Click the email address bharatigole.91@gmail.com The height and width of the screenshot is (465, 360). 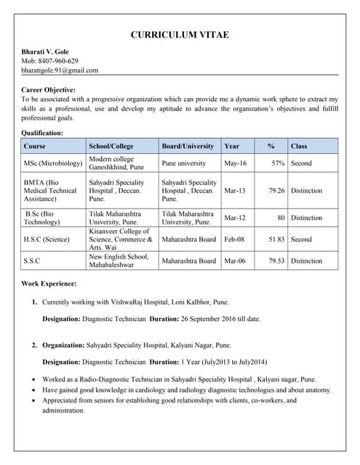click(60, 70)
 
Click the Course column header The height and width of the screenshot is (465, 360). click(35, 146)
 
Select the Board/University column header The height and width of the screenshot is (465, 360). click(188, 146)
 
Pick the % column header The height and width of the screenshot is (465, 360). click(271, 146)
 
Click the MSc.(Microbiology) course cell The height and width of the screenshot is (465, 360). click(53, 163)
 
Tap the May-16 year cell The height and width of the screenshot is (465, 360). click(236, 163)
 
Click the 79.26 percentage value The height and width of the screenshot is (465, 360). click(276, 191)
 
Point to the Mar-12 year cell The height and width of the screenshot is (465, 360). click(235, 218)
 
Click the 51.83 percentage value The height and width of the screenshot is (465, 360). click(276, 239)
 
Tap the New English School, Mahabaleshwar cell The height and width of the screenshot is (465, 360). click(119, 261)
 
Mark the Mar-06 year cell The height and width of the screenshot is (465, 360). click(236, 261)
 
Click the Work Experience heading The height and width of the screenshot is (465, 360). click(49, 283)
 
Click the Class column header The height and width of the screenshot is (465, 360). click(299, 146)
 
